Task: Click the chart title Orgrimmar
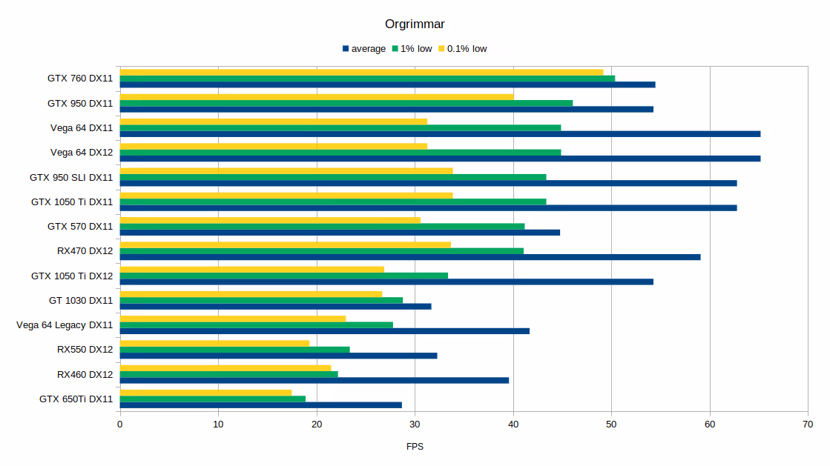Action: tap(415, 24)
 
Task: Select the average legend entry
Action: tap(364, 49)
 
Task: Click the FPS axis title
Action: tap(415, 447)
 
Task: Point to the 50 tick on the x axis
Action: tap(611, 425)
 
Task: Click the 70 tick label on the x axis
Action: tap(808, 425)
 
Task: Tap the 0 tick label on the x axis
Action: tap(120, 425)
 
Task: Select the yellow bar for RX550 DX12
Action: tap(214, 343)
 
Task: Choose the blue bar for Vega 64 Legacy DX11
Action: tap(325, 331)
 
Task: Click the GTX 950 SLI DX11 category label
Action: tap(71, 177)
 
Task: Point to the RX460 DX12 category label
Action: tap(85, 374)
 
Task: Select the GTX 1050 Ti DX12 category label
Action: tap(72, 276)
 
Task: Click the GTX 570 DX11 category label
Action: tap(80, 226)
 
